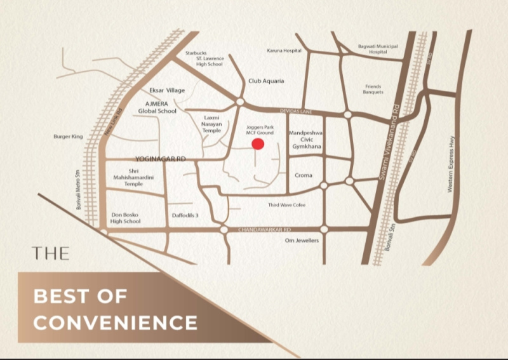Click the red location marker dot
258,144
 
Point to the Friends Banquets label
373,89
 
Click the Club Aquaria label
266,81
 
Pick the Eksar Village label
167,91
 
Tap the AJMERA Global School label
158,107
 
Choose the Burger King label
69,137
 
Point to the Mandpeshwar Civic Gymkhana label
306,140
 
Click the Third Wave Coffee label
287,205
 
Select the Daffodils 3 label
185,216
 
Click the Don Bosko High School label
125,218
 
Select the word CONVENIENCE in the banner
115,322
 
